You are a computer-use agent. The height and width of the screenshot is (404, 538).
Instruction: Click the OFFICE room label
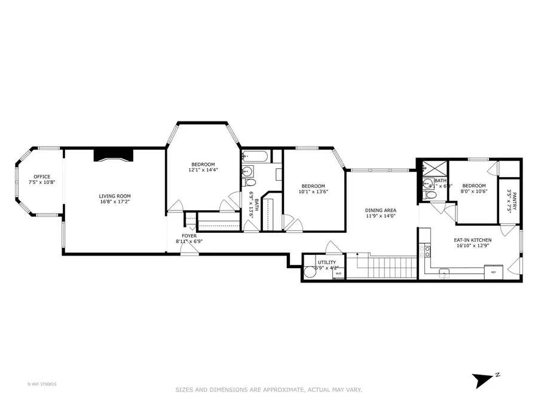pyautogui.click(x=42, y=176)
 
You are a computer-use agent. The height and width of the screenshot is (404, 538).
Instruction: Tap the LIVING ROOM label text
pyautogui.click(x=115, y=196)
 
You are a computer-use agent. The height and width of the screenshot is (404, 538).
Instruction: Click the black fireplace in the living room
pyautogui.click(x=114, y=154)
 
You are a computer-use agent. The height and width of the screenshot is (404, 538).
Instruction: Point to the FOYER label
pyautogui.click(x=189, y=236)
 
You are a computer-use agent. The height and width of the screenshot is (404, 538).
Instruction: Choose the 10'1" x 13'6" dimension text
pyautogui.click(x=313, y=192)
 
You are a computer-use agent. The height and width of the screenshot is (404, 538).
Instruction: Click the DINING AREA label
pyautogui.click(x=381, y=210)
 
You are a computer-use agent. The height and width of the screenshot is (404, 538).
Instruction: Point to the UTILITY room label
pyautogui.click(x=327, y=262)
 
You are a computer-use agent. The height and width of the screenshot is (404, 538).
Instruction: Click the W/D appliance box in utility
pyautogui.click(x=338, y=274)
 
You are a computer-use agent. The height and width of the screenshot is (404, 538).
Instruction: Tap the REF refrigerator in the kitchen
pyautogui.click(x=493, y=272)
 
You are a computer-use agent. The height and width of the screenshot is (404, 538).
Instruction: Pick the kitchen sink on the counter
pyautogui.click(x=444, y=272)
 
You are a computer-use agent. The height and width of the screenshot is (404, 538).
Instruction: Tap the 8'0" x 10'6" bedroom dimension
pyautogui.click(x=473, y=192)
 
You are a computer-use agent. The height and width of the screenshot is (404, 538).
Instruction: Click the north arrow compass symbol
pyautogui.click(x=482, y=378)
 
